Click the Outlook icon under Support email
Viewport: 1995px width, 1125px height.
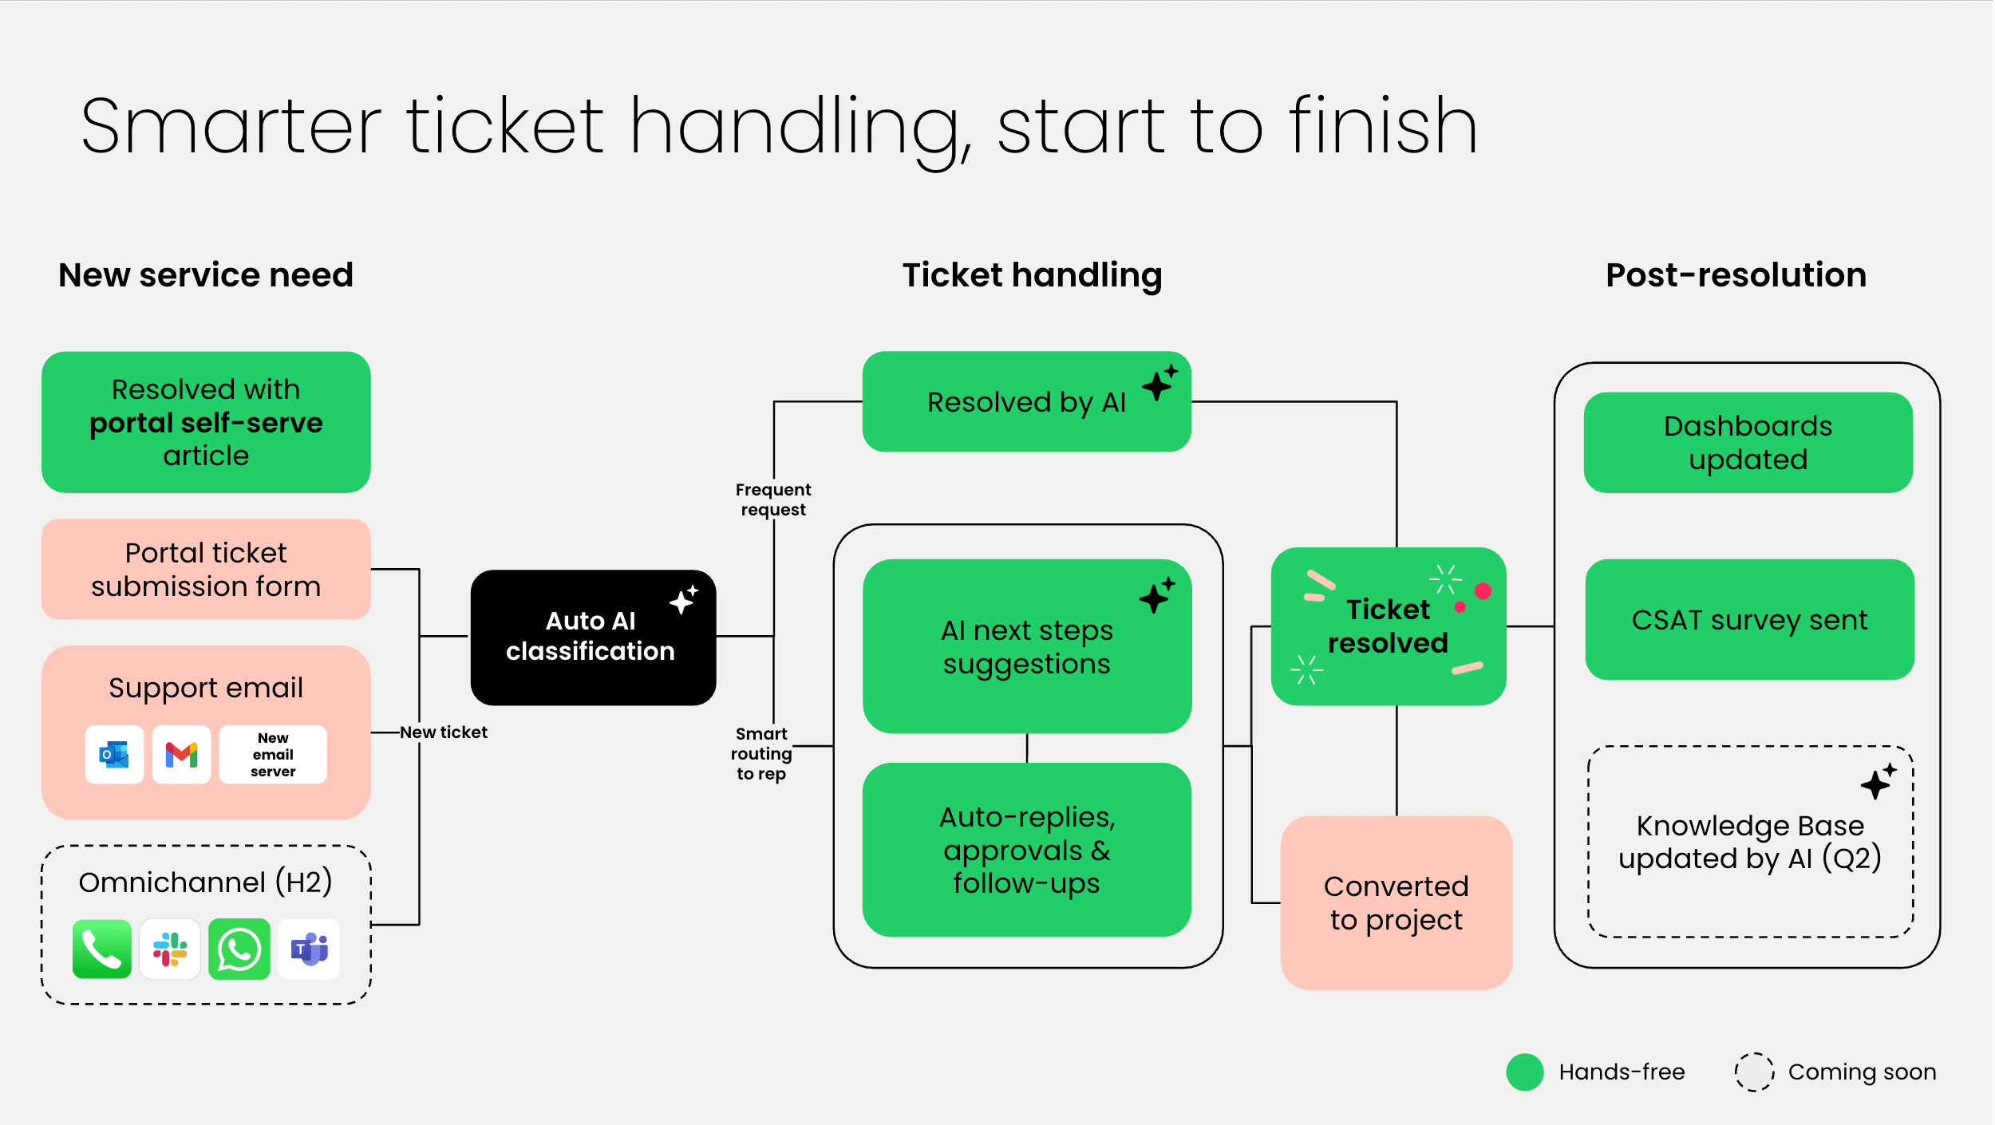pyautogui.click(x=114, y=754)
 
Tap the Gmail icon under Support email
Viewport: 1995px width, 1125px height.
pyautogui.click(x=181, y=754)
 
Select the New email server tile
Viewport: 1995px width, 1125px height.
pyautogui.click(x=273, y=754)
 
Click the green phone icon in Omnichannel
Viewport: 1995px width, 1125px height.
pyautogui.click(x=101, y=949)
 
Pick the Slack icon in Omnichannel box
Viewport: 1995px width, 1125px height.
pyautogui.click(x=170, y=949)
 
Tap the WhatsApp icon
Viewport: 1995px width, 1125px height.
pyautogui.click(x=239, y=949)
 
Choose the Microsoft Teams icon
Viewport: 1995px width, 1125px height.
pyautogui.click(x=309, y=949)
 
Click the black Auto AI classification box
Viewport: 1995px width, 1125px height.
pyautogui.click(x=592, y=637)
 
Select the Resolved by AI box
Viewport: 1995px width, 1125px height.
pyautogui.click(x=1026, y=402)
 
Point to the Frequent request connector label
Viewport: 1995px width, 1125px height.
pyautogui.click(x=772, y=499)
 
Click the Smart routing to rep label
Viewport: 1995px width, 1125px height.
pyautogui.click(x=761, y=753)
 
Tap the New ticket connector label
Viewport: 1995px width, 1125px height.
pyautogui.click(x=444, y=732)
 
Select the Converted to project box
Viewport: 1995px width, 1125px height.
pyautogui.click(x=1396, y=902)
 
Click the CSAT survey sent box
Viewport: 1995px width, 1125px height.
pyautogui.click(x=1749, y=620)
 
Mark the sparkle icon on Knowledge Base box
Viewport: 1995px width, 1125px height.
pyautogui.click(x=1877, y=782)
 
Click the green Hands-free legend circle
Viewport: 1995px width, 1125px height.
pyautogui.click(x=1524, y=1072)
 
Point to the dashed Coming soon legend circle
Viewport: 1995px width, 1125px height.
pyautogui.click(x=1754, y=1072)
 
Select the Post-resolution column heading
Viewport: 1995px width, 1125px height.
pyautogui.click(x=1736, y=274)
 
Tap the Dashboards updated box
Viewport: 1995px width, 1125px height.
pyautogui.click(x=1748, y=443)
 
